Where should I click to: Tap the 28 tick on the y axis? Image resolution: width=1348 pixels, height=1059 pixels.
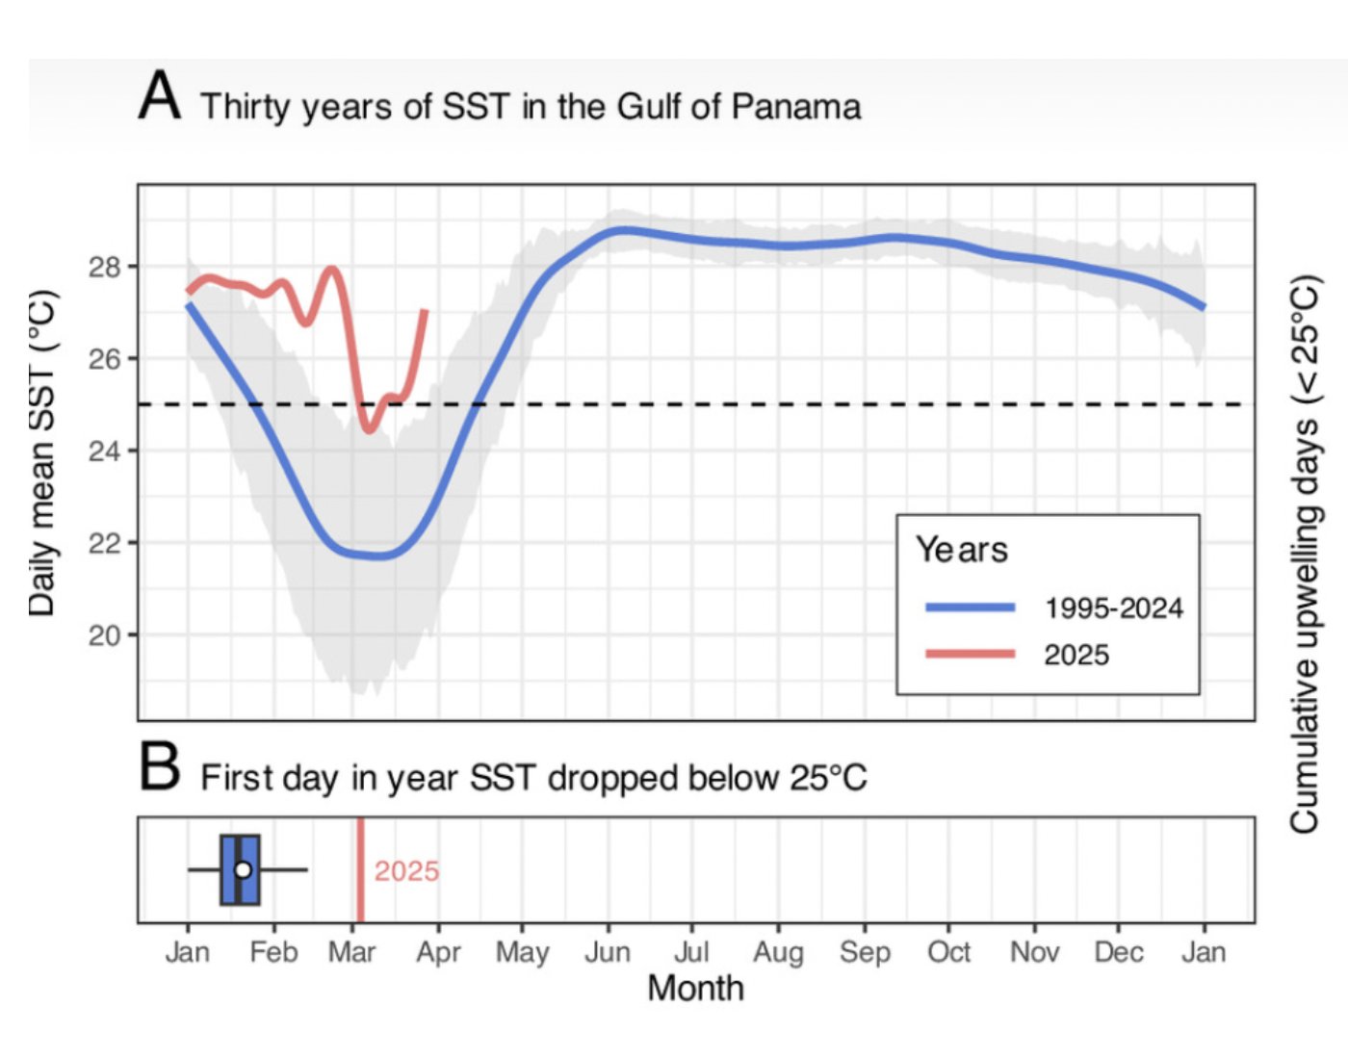[x=105, y=267]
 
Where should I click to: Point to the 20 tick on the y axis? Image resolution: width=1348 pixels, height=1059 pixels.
[x=105, y=635]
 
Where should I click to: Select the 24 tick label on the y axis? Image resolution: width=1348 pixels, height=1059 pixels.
[x=105, y=451]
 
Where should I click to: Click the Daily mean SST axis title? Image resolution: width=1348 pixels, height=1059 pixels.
[x=41, y=452]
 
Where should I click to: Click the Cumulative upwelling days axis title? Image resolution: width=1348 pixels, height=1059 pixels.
[x=1304, y=555]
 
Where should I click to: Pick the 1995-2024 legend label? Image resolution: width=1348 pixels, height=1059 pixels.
[x=1113, y=608]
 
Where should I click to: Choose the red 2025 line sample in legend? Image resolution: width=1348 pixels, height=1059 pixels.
[x=970, y=654]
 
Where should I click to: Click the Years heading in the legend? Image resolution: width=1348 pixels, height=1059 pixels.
[x=961, y=550]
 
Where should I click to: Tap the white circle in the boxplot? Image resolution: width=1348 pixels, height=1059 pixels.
[x=243, y=870]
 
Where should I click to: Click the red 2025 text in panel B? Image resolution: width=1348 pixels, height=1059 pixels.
[x=406, y=871]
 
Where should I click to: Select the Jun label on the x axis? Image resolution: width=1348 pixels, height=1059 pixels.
[x=607, y=952]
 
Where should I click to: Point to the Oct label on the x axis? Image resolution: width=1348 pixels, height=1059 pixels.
[x=948, y=952]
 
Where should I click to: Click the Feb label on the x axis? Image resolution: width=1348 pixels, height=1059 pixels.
[x=273, y=952]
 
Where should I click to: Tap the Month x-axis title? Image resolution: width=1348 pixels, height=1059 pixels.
[x=695, y=988]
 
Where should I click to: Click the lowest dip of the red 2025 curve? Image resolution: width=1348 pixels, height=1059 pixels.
[x=369, y=429]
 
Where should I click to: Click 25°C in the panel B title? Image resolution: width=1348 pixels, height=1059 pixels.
[x=828, y=778]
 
